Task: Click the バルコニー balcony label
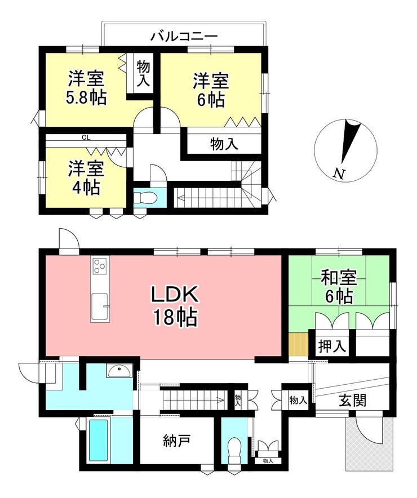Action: [x=184, y=36]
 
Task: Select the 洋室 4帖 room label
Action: [x=86, y=178]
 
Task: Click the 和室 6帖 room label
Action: [x=339, y=287]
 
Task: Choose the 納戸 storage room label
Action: [x=177, y=441]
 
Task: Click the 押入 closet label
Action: [x=331, y=346]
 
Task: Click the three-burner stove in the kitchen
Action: [x=100, y=265]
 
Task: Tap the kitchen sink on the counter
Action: [x=99, y=306]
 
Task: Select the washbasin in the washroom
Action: [x=119, y=370]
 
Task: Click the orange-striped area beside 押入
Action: [x=299, y=345]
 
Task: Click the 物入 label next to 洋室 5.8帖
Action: [x=143, y=74]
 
